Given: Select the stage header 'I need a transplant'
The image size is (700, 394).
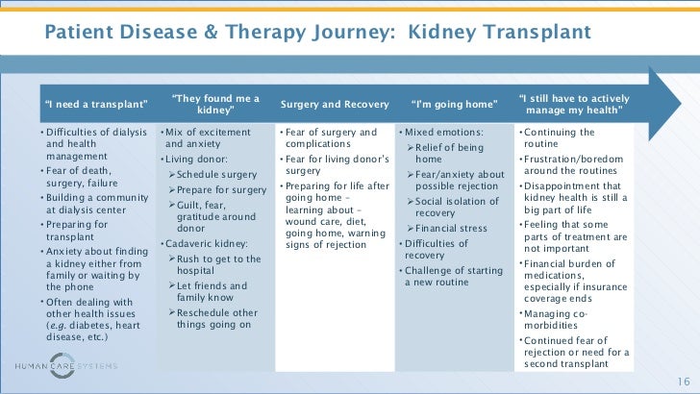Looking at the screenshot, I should click(x=96, y=103).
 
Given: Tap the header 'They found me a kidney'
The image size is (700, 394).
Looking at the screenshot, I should click(x=215, y=103).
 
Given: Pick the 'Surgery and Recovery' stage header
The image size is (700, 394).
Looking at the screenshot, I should click(x=335, y=103).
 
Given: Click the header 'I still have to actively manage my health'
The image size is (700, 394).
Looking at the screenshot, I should click(x=574, y=103).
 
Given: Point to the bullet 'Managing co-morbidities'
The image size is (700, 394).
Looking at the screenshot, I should click(x=562, y=319).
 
